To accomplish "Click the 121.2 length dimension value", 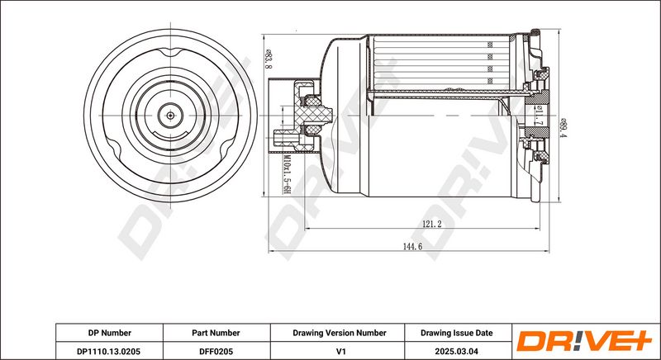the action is [x=431, y=225].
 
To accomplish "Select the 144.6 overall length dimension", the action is [x=412, y=247].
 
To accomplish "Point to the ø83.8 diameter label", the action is [x=268, y=58].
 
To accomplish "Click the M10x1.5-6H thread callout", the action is [x=287, y=174].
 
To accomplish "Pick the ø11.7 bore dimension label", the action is [x=539, y=116].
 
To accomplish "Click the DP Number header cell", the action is [x=110, y=333].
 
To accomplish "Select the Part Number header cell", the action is [x=216, y=333].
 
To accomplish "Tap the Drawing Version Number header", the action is [x=340, y=333].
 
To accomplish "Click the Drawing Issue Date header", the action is [x=457, y=333].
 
